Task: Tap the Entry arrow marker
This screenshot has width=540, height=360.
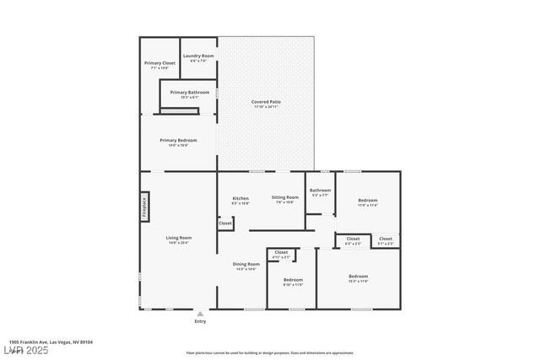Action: tap(200, 313)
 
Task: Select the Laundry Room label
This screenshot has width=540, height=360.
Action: tap(199, 56)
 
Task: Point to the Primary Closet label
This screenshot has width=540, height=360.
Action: tap(159, 63)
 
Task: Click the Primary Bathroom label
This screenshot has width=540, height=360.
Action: tap(190, 93)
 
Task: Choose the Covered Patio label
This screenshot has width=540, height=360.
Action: tap(267, 102)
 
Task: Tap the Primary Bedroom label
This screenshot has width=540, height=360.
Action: tap(178, 141)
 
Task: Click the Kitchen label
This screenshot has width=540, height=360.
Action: tap(240, 199)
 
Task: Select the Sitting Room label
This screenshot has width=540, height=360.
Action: tap(285, 197)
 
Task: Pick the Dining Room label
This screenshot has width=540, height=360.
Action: tap(246, 265)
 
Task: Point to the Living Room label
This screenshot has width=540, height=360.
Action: tap(178, 239)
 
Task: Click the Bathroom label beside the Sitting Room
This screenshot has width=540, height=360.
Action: tap(320, 191)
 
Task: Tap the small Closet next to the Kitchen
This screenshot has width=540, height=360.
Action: tap(225, 223)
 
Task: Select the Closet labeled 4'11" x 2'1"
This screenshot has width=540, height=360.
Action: tap(281, 253)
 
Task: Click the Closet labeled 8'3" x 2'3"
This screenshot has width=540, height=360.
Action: tap(353, 239)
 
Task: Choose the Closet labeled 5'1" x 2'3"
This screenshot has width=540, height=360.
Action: tap(386, 239)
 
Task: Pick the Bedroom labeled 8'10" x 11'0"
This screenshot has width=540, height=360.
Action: tap(293, 280)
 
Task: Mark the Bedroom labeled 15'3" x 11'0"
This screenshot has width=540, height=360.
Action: tap(359, 277)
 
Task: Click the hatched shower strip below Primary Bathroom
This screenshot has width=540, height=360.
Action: tap(181, 110)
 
